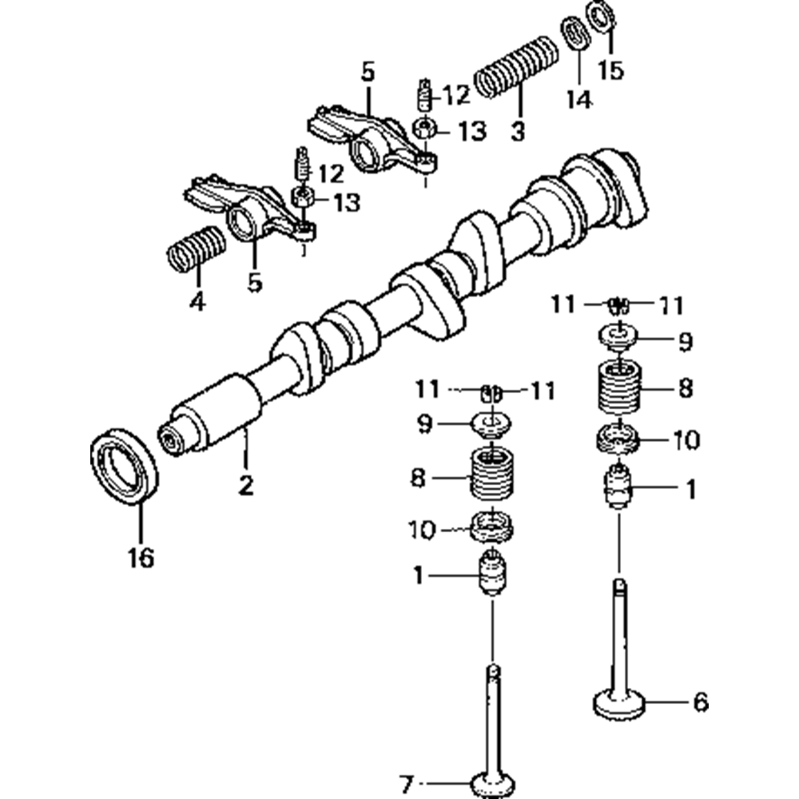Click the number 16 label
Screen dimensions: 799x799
coord(140,557)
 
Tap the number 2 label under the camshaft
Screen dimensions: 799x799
coord(245,485)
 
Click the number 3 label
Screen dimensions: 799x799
coord(518,131)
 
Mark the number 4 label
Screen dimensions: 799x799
coord(197,301)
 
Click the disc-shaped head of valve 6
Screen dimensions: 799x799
coord(620,704)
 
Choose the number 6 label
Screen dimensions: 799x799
coord(700,702)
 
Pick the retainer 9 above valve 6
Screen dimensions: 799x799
coord(620,336)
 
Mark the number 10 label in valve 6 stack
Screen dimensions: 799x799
coord(686,439)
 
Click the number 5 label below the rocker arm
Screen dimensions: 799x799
coord(254,282)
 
